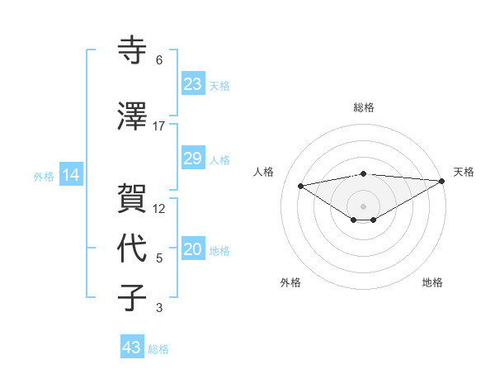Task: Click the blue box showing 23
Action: coord(192,84)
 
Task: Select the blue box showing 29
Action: coord(192,159)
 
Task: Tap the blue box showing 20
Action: coord(192,250)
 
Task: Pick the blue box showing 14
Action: coord(70,175)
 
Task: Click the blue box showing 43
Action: coord(131,348)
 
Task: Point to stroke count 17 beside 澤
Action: coord(159,126)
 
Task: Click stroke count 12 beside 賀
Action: coord(159,208)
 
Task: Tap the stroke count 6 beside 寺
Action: coord(159,60)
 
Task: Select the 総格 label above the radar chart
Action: coord(363,108)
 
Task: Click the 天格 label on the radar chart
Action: coord(464,172)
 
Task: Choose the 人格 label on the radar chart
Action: coord(264,172)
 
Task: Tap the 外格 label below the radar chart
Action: coord(290,282)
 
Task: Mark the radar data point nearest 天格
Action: coord(442,181)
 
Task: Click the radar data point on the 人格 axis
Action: coord(301,185)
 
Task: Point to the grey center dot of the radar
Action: coord(363,206)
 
